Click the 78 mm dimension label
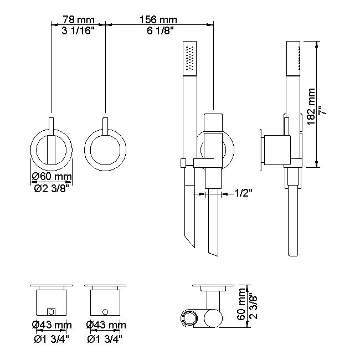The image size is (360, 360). [x=79, y=20]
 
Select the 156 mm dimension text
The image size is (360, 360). [x=158, y=20]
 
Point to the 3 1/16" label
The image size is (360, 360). [x=78, y=30]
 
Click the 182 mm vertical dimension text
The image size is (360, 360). [x=311, y=106]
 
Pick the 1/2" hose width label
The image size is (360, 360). [x=243, y=193]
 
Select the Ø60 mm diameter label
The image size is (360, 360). [x=52, y=177]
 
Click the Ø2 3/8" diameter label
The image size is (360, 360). [x=52, y=189]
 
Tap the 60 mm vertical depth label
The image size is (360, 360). [x=242, y=304]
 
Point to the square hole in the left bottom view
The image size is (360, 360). [x=51, y=312]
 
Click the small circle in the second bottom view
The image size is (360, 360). [x=105, y=312]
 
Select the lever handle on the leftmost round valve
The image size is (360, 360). [x=51, y=141]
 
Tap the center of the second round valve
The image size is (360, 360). [x=105, y=150]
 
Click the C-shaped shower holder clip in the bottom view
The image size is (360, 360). [x=189, y=318]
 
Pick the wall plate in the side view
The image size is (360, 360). [x=261, y=150]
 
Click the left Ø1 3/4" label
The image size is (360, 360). [x=52, y=339]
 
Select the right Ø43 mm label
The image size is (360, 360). [x=106, y=325]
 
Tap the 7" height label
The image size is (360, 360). [x=322, y=110]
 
